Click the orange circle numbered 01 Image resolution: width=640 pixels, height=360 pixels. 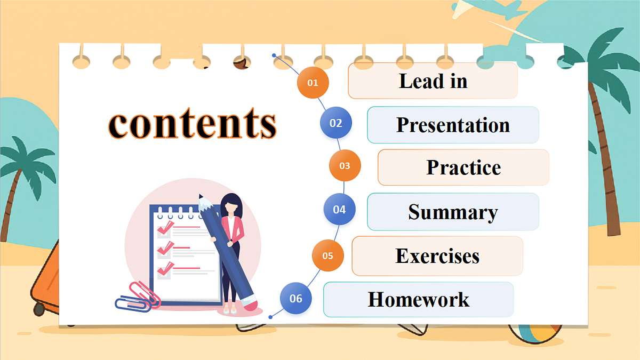point(313,83)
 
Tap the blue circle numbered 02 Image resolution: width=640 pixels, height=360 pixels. point(336,123)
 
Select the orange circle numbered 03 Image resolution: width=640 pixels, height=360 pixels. point(345,165)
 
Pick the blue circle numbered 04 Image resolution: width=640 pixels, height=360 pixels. point(340,209)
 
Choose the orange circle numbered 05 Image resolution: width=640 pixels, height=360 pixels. point(328,255)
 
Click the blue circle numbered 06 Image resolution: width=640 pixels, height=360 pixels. point(296,298)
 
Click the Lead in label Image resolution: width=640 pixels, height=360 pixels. point(433,81)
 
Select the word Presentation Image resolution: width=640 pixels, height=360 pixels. point(453,125)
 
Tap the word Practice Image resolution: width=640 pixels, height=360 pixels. point(463,167)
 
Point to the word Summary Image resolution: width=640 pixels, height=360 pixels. point(453,212)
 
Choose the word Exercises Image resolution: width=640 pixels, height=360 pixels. point(437,256)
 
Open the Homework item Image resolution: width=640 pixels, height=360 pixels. point(419,299)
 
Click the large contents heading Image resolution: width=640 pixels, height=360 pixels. point(193,124)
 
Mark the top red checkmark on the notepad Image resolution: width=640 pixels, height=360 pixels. point(165,228)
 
